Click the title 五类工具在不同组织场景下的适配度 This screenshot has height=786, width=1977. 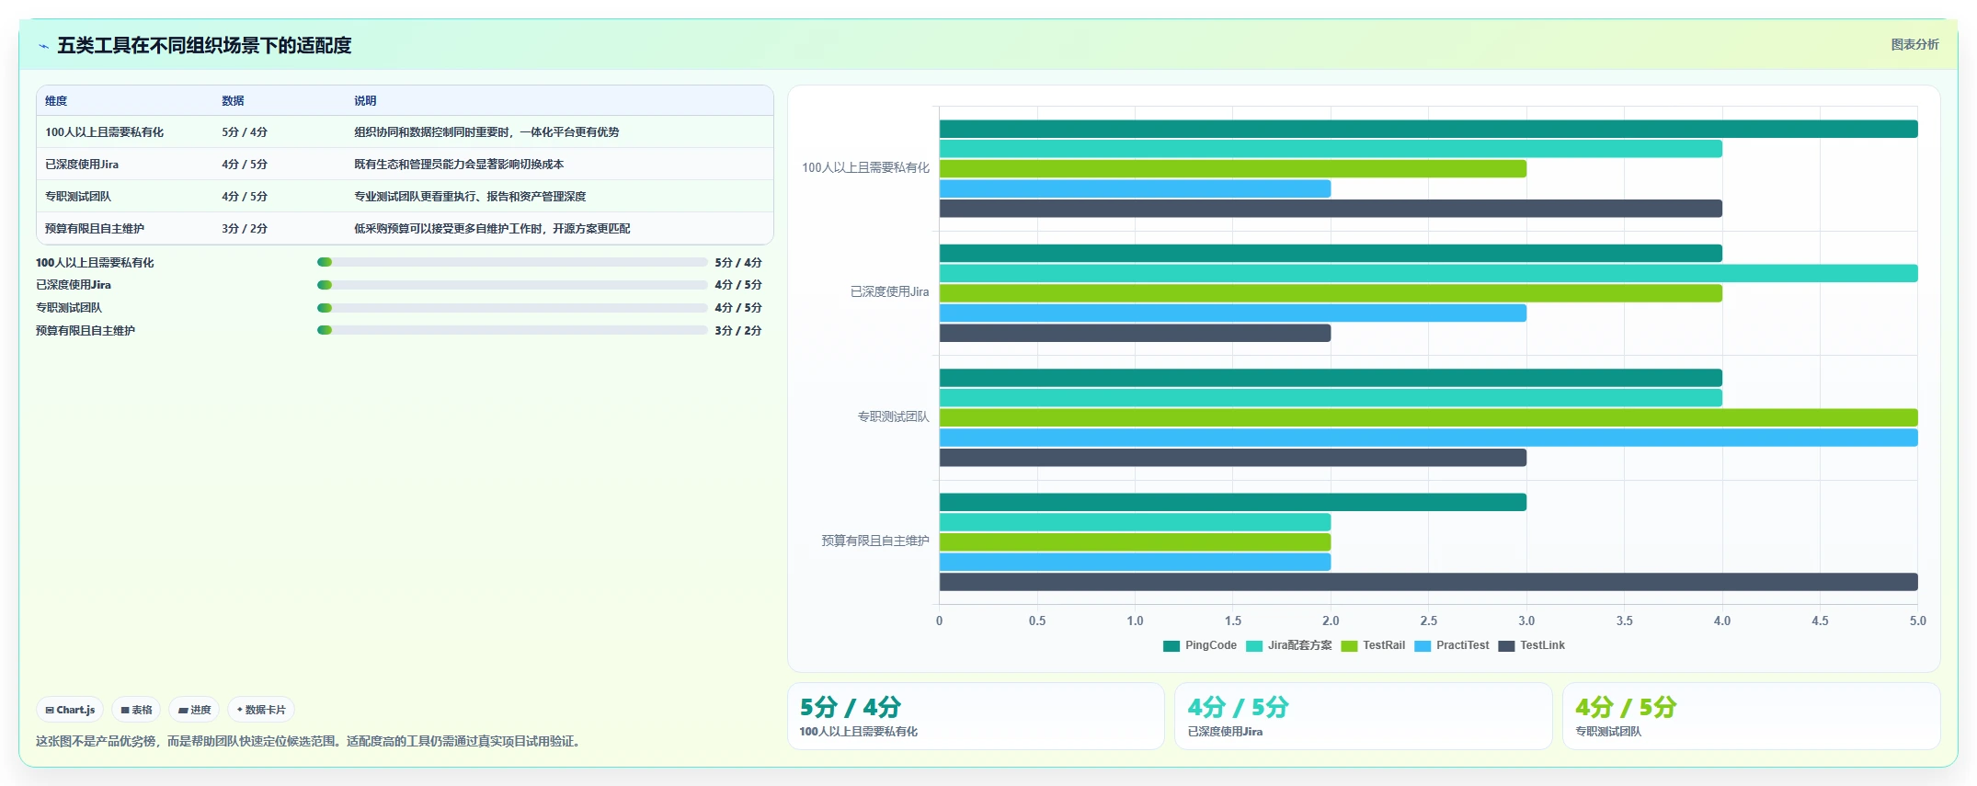click(204, 45)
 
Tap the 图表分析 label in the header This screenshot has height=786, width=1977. click(1914, 44)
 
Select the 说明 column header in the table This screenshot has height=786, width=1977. click(365, 101)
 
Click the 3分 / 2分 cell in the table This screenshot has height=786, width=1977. click(245, 229)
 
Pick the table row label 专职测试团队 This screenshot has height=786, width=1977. click(78, 197)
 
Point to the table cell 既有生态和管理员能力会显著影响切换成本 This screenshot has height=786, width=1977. click(459, 165)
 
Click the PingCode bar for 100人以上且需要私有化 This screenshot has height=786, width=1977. click(1428, 129)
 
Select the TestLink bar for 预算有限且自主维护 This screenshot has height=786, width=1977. click(1428, 582)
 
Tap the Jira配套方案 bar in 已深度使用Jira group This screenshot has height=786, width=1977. click(1428, 273)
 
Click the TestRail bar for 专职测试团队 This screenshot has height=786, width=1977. click(1428, 417)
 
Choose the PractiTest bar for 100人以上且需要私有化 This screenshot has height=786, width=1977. click(1135, 188)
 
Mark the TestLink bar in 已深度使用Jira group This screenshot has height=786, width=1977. click(1135, 333)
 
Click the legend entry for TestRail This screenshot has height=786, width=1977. click(1373, 645)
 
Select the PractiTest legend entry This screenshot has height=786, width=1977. click(1452, 645)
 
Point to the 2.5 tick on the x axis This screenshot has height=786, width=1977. click(1428, 621)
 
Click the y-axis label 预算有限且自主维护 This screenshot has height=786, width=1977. click(875, 541)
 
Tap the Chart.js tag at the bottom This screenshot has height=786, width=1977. click(70, 710)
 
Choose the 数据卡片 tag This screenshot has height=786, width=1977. click(261, 710)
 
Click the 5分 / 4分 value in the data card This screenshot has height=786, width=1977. click(851, 707)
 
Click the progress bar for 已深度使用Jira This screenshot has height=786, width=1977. click(512, 285)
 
